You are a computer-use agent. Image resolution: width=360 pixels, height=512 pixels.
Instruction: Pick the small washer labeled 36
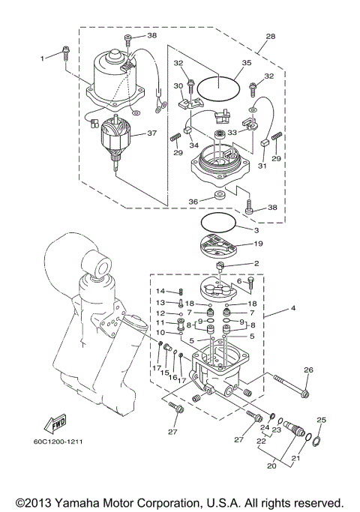point(218,196)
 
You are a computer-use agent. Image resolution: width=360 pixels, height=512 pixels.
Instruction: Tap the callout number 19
point(256,244)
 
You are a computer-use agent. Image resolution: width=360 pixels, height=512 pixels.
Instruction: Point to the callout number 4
point(294,308)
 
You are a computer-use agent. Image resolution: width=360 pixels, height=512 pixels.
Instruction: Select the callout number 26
point(308,370)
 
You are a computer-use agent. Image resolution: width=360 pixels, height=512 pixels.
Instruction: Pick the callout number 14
point(160,291)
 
